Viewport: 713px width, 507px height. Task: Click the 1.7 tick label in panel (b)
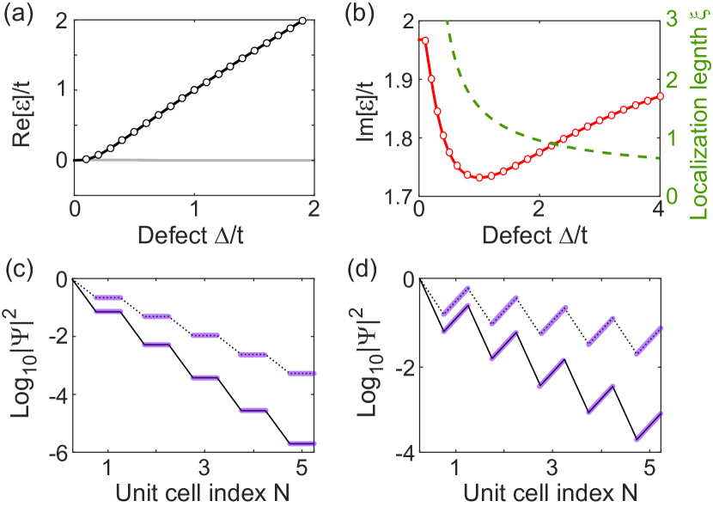click(397, 197)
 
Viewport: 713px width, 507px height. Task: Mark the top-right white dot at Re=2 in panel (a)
click(302, 21)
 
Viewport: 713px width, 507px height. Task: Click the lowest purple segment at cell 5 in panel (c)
click(302, 443)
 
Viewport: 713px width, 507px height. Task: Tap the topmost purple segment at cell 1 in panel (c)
click(108, 297)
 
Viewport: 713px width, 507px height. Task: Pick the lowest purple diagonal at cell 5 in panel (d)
click(649, 426)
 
